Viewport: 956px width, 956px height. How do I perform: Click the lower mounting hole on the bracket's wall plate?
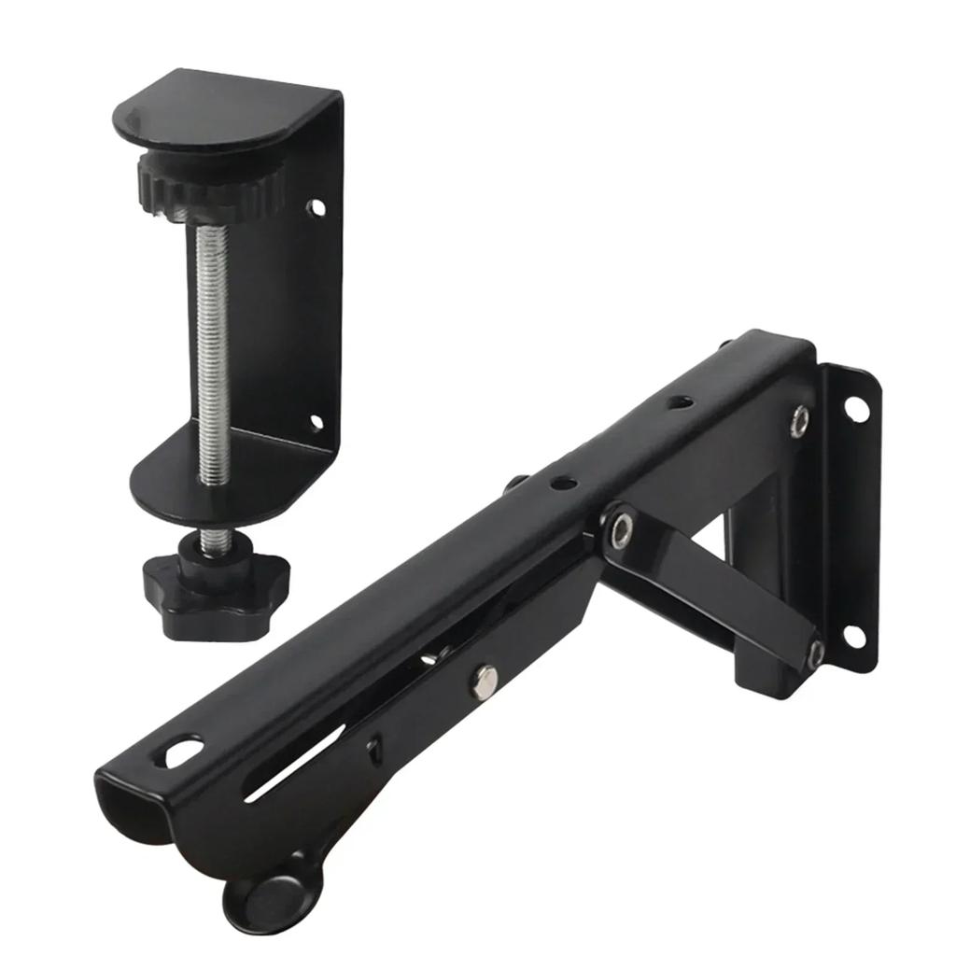[853, 635]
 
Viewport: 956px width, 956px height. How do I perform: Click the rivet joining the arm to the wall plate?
[799, 420]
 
